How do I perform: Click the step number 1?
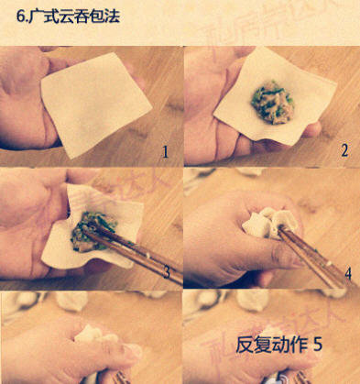pos(166,150)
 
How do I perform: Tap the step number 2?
pos(344,150)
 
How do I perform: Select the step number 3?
pos(166,272)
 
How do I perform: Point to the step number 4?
pos(347,272)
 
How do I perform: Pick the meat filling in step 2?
pos(270,100)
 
